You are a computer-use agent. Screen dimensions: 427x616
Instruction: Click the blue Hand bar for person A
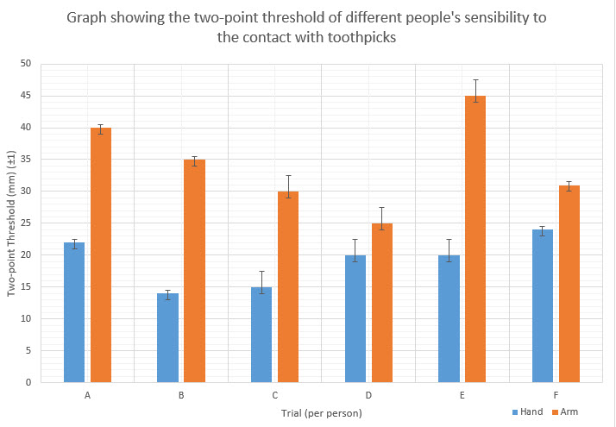pyautogui.click(x=74, y=312)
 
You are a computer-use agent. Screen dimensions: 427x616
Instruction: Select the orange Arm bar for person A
pyautogui.click(x=101, y=254)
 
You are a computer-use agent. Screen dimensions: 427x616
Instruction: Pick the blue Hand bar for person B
pyautogui.click(x=167, y=337)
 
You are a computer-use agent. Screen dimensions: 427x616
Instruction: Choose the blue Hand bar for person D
pyautogui.click(x=355, y=318)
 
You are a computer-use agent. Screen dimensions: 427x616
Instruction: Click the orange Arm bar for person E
pyautogui.click(x=475, y=239)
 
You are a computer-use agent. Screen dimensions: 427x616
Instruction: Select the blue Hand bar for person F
pyautogui.click(x=542, y=305)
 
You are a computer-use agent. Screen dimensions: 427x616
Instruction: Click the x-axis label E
pyautogui.click(x=462, y=395)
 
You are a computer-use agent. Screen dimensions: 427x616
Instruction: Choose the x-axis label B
pyautogui.click(x=181, y=395)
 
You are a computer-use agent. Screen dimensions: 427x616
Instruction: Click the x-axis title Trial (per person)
pyautogui.click(x=321, y=413)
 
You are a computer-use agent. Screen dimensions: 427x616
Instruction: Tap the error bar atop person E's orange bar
pyautogui.click(x=475, y=91)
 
